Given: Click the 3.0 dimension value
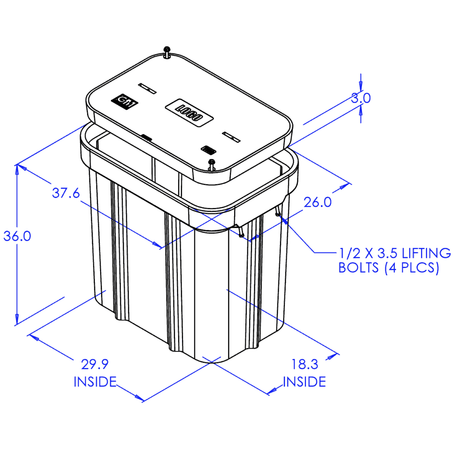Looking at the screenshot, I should click(x=360, y=98).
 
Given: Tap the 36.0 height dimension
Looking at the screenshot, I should click(x=17, y=236).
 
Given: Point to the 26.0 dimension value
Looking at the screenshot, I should click(x=317, y=202).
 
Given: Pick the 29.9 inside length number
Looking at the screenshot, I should click(x=95, y=364).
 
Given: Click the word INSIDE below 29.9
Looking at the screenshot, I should click(x=95, y=382).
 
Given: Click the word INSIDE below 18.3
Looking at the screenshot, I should click(x=305, y=382).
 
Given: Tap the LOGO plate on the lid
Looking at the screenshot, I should click(x=190, y=112).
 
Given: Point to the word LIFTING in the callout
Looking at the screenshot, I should click(x=420, y=254).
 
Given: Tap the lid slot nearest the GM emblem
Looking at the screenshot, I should click(x=147, y=88).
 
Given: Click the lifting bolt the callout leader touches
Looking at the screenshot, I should click(x=278, y=214).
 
